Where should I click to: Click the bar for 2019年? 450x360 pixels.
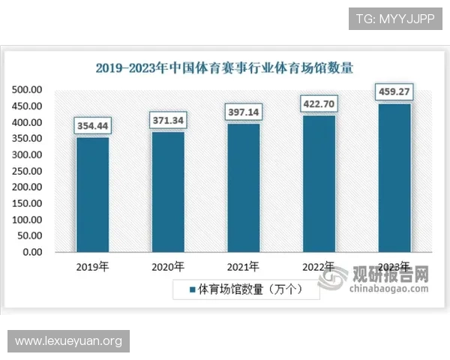pyautogui.click(x=92, y=194)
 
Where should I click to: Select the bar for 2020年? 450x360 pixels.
pyautogui.click(x=168, y=191)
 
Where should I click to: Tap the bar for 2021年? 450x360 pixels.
pyautogui.click(x=244, y=187)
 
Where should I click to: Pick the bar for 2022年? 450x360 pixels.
pyautogui.click(x=319, y=183)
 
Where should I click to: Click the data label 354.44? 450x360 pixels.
pyautogui.click(x=92, y=125)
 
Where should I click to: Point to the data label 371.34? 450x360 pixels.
pyautogui.click(x=168, y=120)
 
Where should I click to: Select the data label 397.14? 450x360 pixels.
pyautogui.click(x=244, y=112)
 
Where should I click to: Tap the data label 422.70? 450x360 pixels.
pyautogui.click(x=319, y=103)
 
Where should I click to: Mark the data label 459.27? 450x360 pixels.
pyautogui.click(x=394, y=92)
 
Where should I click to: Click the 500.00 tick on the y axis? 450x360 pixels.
pyautogui.click(x=27, y=90)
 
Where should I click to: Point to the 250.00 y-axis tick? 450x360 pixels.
pyautogui.click(x=27, y=171)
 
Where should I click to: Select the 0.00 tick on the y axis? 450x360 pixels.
pyautogui.click(x=32, y=252)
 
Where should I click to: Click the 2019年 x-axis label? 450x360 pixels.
pyautogui.click(x=92, y=266)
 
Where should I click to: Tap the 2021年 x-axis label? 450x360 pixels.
pyautogui.click(x=244, y=266)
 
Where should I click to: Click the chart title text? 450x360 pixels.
pyautogui.click(x=224, y=67)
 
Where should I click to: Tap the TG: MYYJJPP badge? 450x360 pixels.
pyautogui.click(x=396, y=18)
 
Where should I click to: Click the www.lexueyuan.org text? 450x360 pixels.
pyautogui.click(x=68, y=342)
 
